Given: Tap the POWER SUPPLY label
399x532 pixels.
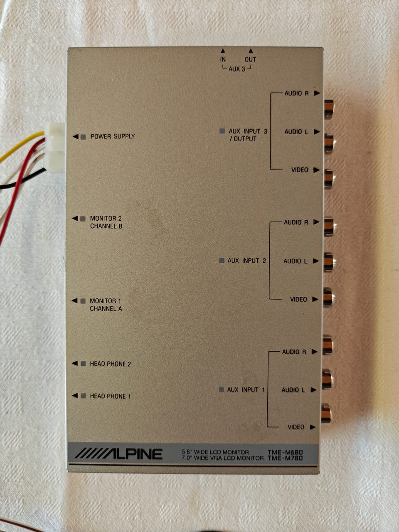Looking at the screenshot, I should tap(113, 136).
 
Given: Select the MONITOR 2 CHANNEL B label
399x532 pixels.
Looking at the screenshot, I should tap(106, 222).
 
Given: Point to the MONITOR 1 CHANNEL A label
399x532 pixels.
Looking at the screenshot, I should tap(106, 305).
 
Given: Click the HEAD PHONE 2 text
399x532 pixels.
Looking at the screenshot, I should tap(111, 364).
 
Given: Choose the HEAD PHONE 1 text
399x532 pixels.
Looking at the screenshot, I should tap(110, 396).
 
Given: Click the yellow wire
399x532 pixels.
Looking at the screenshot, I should tap(21, 145).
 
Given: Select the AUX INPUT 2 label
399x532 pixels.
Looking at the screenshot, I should tap(246, 261).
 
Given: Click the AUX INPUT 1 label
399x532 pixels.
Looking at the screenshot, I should tap(246, 390).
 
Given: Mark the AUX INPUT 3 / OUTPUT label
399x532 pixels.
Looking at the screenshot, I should tap(248, 135).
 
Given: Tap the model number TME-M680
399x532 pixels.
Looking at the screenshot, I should tap(285, 452).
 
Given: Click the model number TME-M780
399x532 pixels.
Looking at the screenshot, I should tap(285, 458).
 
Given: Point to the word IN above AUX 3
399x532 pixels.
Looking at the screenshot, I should tap(223, 59).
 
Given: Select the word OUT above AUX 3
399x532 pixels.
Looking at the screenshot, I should tap(250, 59).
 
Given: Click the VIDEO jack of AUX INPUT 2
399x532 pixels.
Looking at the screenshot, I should tap(328, 298).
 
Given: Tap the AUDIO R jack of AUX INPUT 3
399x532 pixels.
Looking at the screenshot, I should tap(328, 108).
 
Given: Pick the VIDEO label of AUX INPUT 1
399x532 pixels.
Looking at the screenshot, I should tap(296, 427).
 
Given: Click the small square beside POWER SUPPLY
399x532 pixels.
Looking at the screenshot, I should tap(83, 137).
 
